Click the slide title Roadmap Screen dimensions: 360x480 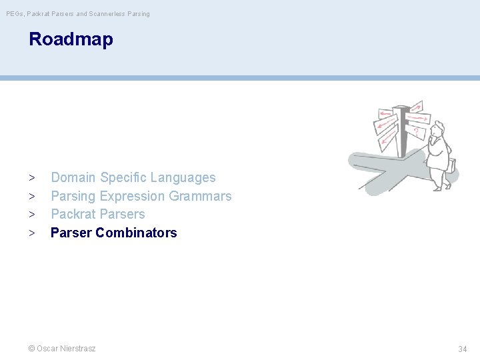(x=71, y=39)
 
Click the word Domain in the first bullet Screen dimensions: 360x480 (x=73, y=177)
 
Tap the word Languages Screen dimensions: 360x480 (x=183, y=178)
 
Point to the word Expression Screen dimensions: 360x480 (x=132, y=196)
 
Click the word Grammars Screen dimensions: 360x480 (x=200, y=196)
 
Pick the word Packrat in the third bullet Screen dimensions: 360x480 (x=73, y=214)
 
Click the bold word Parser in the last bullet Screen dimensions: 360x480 (x=71, y=233)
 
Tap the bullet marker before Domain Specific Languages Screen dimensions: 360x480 (x=31, y=178)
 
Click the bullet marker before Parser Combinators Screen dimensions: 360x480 (x=31, y=233)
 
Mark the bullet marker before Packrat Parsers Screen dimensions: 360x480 (x=31, y=215)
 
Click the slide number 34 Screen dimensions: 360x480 (x=462, y=349)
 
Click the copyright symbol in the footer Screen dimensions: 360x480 (x=31, y=348)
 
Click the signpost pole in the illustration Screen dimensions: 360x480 (x=402, y=133)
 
